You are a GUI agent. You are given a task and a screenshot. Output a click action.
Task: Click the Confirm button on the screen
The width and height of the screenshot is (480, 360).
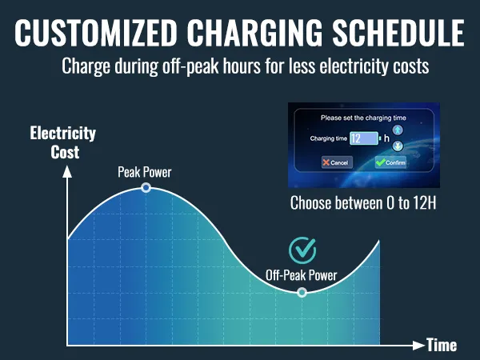tap(391, 162)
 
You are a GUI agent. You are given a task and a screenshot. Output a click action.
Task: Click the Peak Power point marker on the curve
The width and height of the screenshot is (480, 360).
tap(146, 187)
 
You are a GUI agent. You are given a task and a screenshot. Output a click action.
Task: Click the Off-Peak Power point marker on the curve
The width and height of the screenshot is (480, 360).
tap(302, 292)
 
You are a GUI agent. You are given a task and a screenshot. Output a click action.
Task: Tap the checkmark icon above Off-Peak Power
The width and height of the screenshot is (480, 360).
tap(302, 250)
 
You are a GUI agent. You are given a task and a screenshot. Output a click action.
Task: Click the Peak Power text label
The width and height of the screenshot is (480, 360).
tap(145, 172)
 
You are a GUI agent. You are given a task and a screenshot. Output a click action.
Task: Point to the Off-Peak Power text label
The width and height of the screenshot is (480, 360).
tap(302, 275)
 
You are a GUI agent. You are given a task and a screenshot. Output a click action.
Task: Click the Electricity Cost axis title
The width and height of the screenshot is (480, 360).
tap(62, 142)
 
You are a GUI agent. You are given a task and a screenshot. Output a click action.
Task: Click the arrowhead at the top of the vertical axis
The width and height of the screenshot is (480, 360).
tap(67, 171)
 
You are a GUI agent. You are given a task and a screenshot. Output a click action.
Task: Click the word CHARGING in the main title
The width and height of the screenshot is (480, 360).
tap(254, 34)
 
